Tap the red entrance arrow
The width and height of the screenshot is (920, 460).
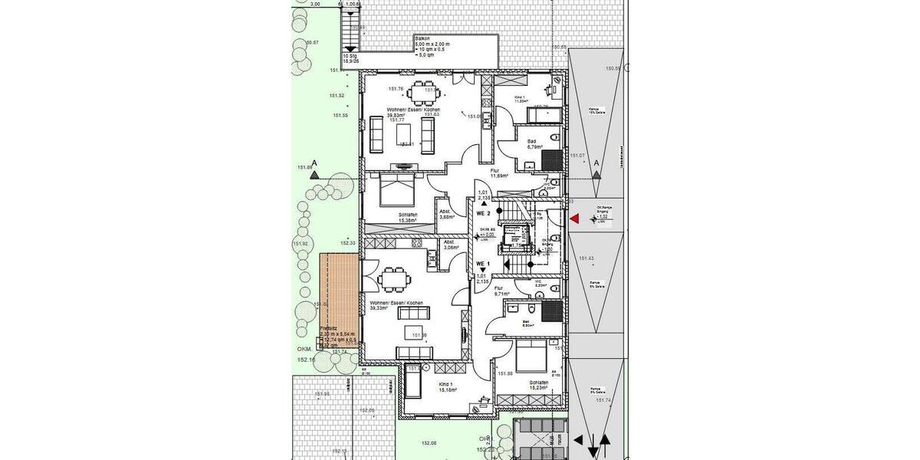(574, 219)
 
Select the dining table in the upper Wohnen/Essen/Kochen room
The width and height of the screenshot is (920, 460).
(419, 93)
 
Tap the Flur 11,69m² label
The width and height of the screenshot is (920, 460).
(499, 172)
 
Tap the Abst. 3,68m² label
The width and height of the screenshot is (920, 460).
(446, 214)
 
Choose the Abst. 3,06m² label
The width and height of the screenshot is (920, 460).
(450, 245)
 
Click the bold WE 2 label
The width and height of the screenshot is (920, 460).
(483, 213)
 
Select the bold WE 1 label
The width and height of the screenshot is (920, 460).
(483, 263)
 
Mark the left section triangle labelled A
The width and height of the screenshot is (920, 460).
(314, 174)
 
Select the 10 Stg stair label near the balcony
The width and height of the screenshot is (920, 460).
(350, 58)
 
